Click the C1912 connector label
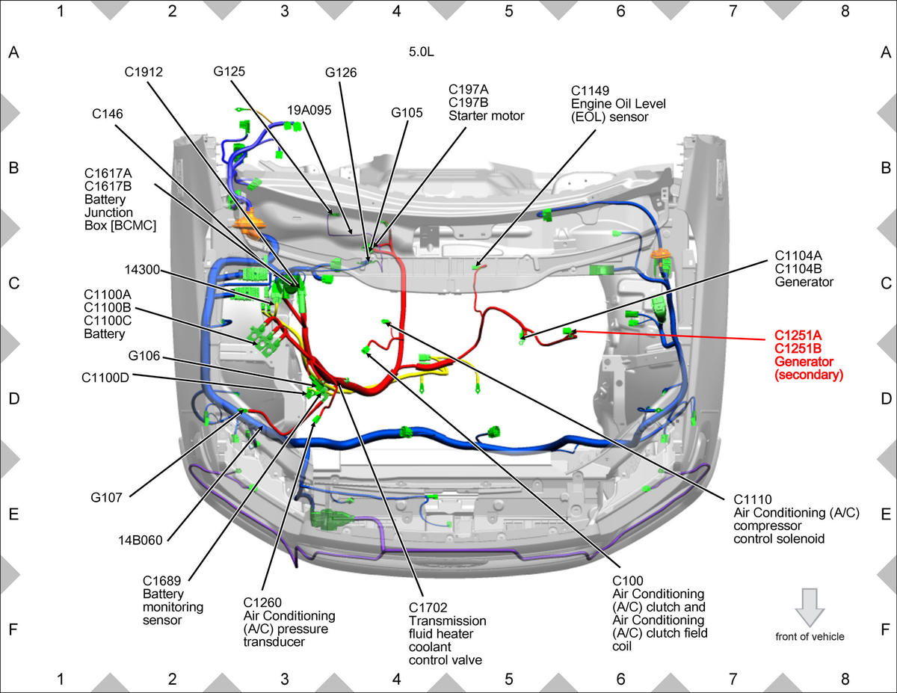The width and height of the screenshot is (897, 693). point(144,73)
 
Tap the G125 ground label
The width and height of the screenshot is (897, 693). point(229,72)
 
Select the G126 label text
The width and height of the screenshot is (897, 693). point(341,73)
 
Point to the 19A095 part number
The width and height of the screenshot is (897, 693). point(309,110)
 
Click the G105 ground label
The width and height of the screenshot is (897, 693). point(407,113)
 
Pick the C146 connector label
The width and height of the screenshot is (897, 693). point(108,114)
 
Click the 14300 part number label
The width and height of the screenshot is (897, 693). point(142,270)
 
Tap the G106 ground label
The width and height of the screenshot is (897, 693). point(144,356)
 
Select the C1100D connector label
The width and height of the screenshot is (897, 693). point(105,378)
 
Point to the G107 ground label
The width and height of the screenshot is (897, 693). point(106,498)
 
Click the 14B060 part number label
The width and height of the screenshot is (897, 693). point(141,540)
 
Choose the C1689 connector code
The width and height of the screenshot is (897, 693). point(161,581)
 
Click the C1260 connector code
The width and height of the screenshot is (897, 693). point(262,603)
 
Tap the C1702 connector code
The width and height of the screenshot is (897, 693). point(428,608)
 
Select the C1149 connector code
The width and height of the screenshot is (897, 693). point(590,90)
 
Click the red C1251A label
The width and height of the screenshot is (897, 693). point(798,335)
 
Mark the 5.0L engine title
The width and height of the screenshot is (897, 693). point(422,52)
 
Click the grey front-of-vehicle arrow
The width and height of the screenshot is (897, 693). point(810,607)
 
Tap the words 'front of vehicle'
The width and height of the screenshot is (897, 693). point(810,636)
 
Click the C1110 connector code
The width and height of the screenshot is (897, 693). point(753,499)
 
